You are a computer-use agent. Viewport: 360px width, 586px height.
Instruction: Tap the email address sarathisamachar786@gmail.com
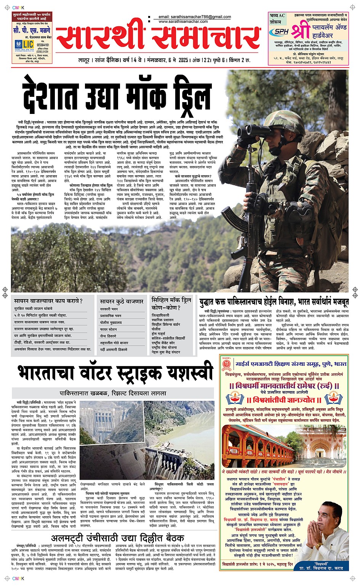coord(195,17)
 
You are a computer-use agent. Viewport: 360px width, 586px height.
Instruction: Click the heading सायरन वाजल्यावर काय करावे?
coord(48,301)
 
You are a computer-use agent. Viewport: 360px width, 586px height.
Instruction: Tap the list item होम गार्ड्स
coord(160,333)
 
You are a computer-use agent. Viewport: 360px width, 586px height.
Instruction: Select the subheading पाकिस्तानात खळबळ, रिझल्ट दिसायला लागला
coord(113,393)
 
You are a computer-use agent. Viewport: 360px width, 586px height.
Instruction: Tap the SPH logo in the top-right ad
coord(282,32)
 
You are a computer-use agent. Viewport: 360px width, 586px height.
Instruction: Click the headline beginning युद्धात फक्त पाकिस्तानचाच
coord(274,303)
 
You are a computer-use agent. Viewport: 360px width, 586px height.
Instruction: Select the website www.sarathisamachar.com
coord(183,22)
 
